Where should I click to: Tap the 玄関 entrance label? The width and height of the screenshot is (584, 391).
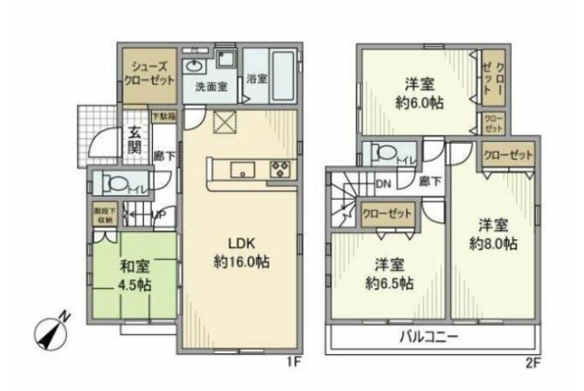click(132, 142)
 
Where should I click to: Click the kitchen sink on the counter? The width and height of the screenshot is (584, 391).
click(242, 171)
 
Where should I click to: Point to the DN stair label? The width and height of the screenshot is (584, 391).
click(383, 184)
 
